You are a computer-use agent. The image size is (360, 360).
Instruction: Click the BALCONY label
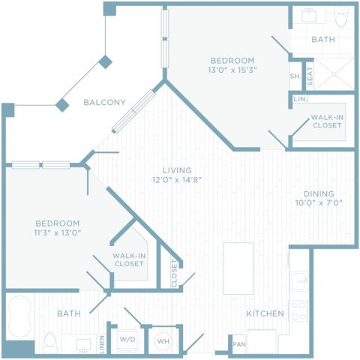pos(104,102)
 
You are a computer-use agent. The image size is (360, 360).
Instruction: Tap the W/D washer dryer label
pos(127,339)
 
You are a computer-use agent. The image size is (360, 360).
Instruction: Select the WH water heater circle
pos(163,340)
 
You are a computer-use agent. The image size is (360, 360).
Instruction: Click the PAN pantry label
pos(239,344)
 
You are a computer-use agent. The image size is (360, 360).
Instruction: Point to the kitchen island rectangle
pos(238,268)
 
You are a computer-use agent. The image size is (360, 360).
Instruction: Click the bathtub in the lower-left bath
pos(19,316)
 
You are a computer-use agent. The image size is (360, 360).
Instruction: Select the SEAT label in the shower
pos(310,76)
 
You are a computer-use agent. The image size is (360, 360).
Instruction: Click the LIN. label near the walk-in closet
pos(301,99)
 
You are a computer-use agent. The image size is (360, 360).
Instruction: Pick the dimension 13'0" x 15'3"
pos(232,70)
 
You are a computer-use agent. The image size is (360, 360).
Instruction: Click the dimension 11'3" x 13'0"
pos(58,233)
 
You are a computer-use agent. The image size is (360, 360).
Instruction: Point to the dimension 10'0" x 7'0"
pos(319,202)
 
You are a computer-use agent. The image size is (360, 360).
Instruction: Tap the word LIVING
pos(177,170)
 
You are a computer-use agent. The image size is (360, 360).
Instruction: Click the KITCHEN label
pos(265,313)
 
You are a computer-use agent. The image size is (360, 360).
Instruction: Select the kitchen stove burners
pos(298,310)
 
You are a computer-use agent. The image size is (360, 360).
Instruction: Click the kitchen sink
pos(299,281)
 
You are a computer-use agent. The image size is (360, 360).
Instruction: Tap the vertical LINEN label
pos(102,344)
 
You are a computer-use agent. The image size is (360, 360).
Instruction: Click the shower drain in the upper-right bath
pos(334,74)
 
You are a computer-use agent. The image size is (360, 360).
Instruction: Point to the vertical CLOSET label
pos(174,274)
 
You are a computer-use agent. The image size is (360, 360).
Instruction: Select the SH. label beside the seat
pos(295,76)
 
